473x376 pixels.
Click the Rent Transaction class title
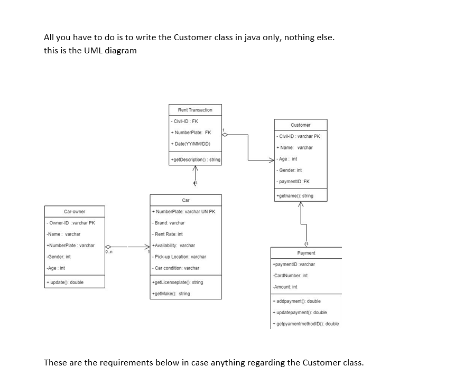pos(195,110)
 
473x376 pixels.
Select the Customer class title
pos(300,125)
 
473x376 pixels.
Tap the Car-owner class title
pos(75,211)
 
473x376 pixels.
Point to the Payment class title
pos(306,253)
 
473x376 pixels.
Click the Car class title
pos(186,200)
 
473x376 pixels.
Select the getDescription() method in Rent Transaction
pos(195,159)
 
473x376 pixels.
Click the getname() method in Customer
pos(295,195)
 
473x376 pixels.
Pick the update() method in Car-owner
pos(66,282)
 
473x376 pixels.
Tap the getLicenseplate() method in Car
pos(178,283)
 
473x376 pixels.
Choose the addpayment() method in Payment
pos(296,301)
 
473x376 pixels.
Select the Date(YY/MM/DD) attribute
pos(191,144)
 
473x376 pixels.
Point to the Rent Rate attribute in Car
pos(168,234)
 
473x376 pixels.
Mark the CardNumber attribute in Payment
pos(290,275)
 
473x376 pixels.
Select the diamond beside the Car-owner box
pos(109,246)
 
